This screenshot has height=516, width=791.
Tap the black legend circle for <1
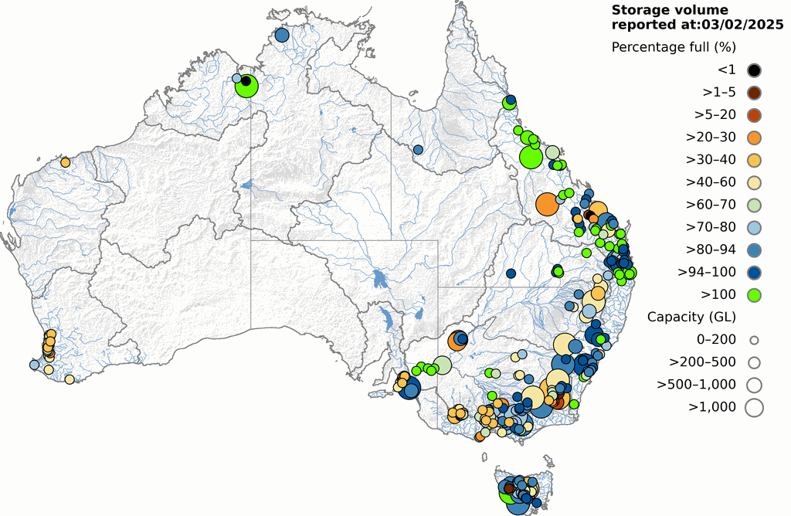(x=754, y=70)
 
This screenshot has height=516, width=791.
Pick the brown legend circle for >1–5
(x=754, y=93)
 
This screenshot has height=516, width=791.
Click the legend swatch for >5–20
(x=754, y=115)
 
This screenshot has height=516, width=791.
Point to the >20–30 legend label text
(x=711, y=137)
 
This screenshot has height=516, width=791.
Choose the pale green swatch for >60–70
(x=754, y=205)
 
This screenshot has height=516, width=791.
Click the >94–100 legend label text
(x=707, y=272)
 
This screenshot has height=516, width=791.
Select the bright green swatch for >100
(x=754, y=294)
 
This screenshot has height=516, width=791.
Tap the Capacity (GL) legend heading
(x=691, y=317)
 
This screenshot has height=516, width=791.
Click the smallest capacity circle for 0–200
(x=754, y=339)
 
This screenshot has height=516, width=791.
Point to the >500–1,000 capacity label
(x=696, y=384)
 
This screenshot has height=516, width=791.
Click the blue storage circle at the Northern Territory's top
(x=282, y=35)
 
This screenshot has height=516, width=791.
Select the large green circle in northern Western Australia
(x=246, y=87)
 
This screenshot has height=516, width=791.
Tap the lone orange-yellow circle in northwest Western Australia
(x=66, y=162)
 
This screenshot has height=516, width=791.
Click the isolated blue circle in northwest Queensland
(x=418, y=149)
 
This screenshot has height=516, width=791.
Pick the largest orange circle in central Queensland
(x=547, y=204)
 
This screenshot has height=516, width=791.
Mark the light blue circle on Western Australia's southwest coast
(x=34, y=365)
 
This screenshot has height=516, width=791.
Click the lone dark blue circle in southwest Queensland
(x=511, y=273)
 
